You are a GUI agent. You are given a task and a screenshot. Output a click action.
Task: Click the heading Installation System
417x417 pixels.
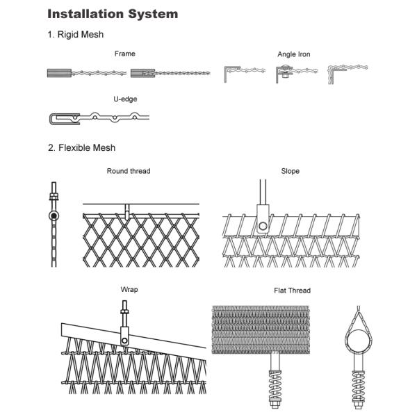coord(113,14)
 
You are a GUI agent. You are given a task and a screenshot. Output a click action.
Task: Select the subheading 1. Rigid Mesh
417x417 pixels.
coord(76,35)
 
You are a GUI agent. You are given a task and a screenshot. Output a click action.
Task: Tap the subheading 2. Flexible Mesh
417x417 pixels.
coord(81,147)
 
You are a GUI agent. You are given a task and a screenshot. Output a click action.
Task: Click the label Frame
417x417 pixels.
coord(125,54)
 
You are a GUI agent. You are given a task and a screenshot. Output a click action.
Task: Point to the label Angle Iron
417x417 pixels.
coord(294,54)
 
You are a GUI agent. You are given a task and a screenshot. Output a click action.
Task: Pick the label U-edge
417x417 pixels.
coord(125,99)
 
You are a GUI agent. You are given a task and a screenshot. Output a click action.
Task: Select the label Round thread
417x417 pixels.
coord(128,171)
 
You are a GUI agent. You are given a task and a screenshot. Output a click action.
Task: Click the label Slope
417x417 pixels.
coord(290,171)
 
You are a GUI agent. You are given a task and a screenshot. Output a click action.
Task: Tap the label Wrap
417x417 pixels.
coord(129,290)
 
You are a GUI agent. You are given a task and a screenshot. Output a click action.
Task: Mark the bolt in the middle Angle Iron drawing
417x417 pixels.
coord(284,73)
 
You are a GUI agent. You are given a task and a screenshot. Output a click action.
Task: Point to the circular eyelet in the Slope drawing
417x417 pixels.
coord(263,224)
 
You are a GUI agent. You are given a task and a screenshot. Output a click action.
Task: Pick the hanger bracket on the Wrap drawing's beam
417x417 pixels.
coord(124,336)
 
